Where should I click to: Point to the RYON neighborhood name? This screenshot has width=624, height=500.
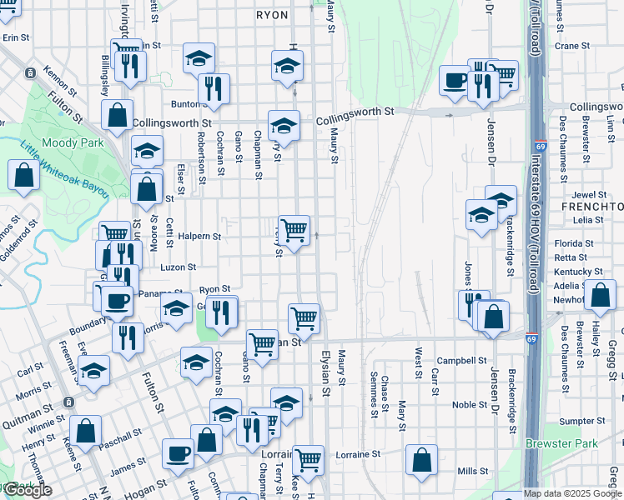pyautogui.click(x=271, y=15)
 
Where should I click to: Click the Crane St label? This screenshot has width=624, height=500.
pyautogui.click(x=571, y=47)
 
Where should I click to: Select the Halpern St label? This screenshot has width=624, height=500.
pyautogui.click(x=199, y=237)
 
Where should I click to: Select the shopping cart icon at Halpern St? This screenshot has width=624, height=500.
pyautogui.click(x=294, y=229)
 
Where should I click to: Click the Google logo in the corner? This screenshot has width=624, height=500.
pyautogui.click(x=28, y=491)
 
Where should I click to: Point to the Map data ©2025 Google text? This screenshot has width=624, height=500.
pyautogui.click(x=573, y=493)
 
